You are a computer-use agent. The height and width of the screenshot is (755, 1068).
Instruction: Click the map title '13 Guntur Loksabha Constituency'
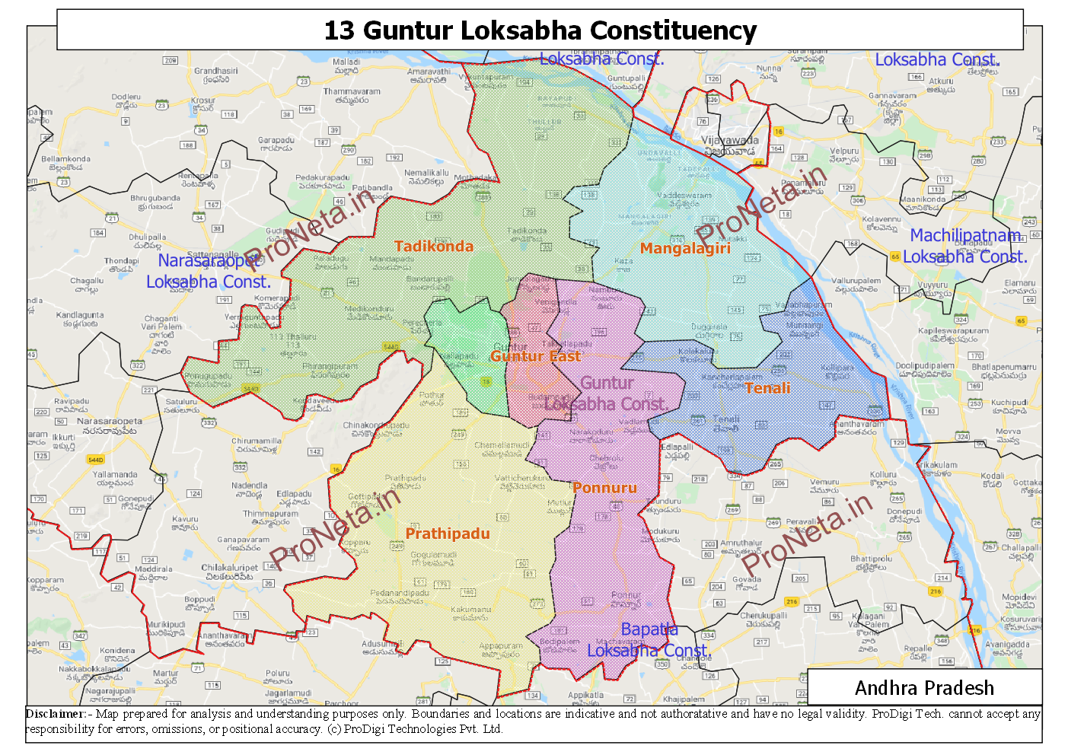click(540, 30)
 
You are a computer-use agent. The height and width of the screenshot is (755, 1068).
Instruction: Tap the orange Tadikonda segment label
click(434, 246)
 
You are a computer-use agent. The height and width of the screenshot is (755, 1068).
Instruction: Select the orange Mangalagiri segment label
click(685, 248)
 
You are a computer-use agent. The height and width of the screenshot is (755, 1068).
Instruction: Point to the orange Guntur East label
click(535, 356)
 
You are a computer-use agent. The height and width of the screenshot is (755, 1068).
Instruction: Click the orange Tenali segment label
click(767, 388)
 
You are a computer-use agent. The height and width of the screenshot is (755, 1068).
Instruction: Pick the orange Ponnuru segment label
click(604, 488)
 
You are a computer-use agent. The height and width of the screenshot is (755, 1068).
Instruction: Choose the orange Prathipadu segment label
click(448, 534)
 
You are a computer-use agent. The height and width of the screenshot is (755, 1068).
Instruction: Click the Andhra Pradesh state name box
click(924, 688)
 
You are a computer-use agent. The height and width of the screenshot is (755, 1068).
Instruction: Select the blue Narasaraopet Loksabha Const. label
click(209, 271)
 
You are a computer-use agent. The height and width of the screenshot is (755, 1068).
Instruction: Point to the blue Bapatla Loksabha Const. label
click(649, 640)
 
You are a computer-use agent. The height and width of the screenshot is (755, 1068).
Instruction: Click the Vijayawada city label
click(730, 141)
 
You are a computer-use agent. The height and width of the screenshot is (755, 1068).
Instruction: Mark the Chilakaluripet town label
click(229, 568)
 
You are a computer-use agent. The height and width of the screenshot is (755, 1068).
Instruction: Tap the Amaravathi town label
click(429, 72)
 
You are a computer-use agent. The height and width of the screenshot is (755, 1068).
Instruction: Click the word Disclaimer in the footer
click(56, 714)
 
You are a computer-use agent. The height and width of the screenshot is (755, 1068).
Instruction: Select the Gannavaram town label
click(892, 96)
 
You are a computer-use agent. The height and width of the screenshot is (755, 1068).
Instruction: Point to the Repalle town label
click(917, 649)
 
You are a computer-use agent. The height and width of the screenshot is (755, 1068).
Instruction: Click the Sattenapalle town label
click(212, 255)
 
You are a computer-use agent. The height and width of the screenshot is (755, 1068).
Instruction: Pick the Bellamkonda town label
click(65, 160)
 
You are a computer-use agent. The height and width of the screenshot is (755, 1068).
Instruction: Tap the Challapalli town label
click(1021, 548)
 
